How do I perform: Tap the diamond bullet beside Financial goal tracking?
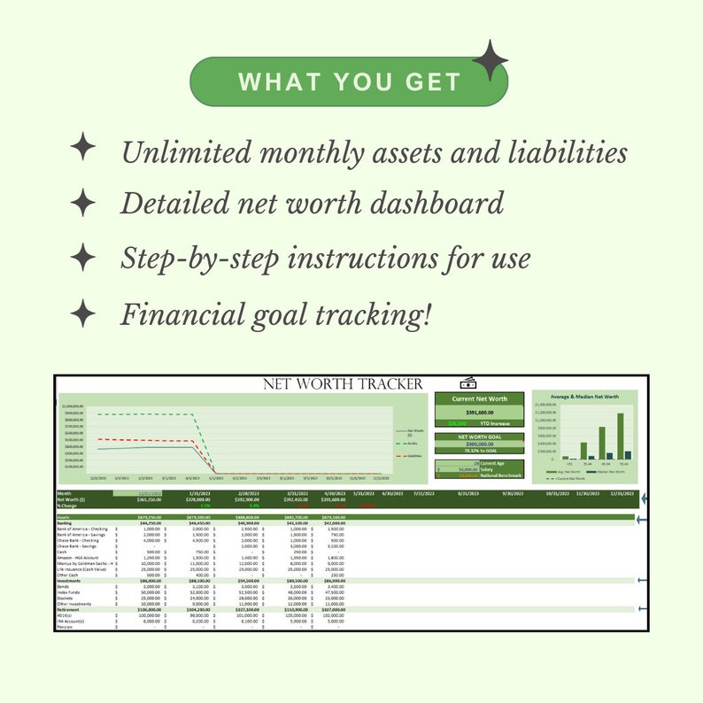(83, 313)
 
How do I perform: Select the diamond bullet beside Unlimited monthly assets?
(83, 147)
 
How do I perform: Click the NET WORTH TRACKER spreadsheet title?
(343, 383)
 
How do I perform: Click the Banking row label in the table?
(65, 523)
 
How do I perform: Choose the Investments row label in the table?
(69, 580)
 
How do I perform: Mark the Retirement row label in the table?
(68, 609)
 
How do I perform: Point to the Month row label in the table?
(64, 493)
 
